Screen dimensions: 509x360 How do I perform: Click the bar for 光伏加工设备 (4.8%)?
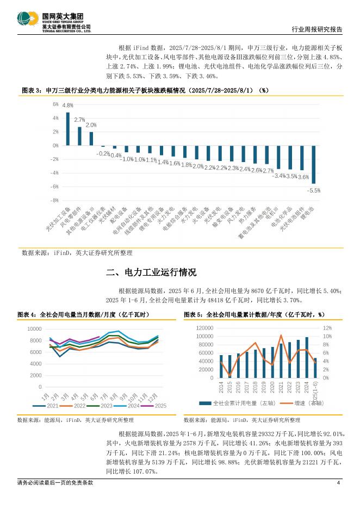pyautogui.click(x=68, y=129)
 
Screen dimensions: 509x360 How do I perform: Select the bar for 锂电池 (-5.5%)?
pyautogui.click(x=314, y=164)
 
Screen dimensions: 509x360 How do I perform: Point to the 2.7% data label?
pyautogui.click(x=79, y=120)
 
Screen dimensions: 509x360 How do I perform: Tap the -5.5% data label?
pyautogui.click(x=314, y=190)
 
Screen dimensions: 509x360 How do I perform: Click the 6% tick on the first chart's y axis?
pyautogui.click(x=55, y=104)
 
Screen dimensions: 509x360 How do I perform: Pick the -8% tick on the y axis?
pyautogui.click(x=54, y=200)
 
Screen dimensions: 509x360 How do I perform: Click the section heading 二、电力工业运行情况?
pyautogui.click(x=151, y=272)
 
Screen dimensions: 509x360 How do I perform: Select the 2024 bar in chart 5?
pyautogui.click(x=307, y=357)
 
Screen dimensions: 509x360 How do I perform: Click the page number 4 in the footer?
pyautogui.click(x=338, y=483)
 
